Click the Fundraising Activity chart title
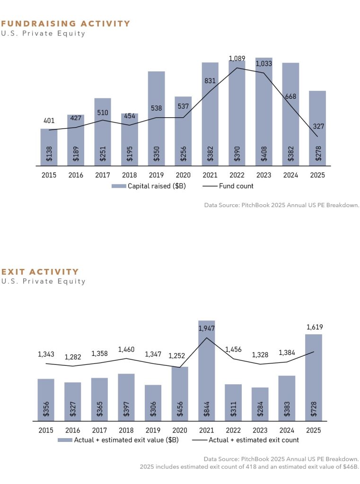tap(66, 24)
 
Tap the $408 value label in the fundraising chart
tap(264, 154)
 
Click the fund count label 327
tap(318, 126)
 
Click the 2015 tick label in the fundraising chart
tap(49, 175)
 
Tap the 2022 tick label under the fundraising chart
tap(237, 175)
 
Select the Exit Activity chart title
tap(40, 272)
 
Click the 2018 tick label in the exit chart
tap(126, 430)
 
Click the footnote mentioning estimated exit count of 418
tap(249, 467)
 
